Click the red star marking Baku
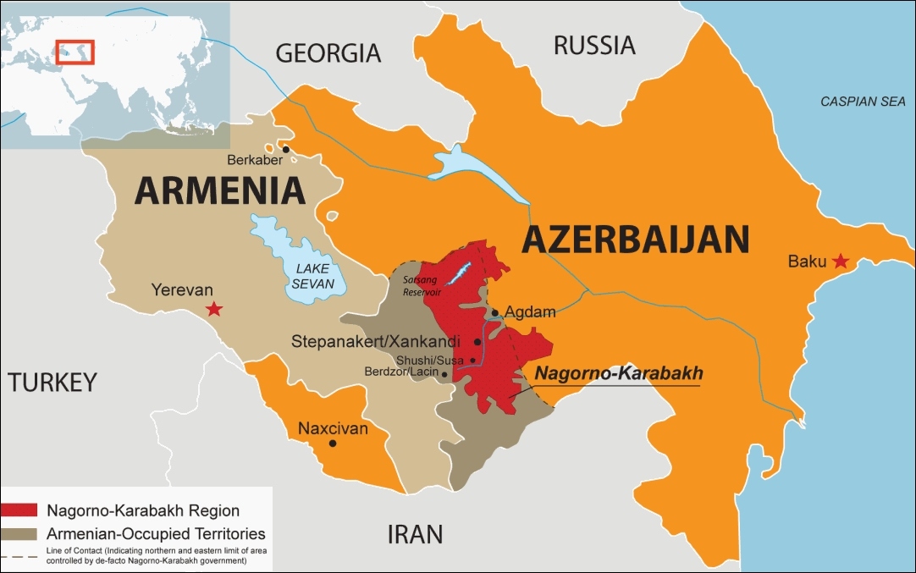pyautogui.click(x=840, y=261)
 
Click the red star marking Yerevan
pyautogui.click(x=215, y=309)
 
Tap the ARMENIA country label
pyautogui.click(x=220, y=190)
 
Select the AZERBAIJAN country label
pyautogui.click(x=636, y=240)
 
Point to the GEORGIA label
pyautogui.click(x=328, y=53)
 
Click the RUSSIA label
pyautogui.click(x=594, y=45)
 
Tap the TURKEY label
pyautogui.click(x=52, y=383)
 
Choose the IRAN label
pyautogui.click(x=415, y=534)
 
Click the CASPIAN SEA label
pyautogui.click(x=863, y=102)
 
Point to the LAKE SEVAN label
pyautogui.click(x=313, y=276)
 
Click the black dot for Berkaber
pyautogui.click(x=286, y=150)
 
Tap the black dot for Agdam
pyautogui.click(x=495, y=312)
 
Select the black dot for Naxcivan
pyautogui.click(x=333, y=444)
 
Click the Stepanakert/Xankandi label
pyautogui.click(x=375, y=342)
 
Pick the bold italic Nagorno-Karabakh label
pyautogui.click(x=619, y=372)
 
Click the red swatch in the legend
pyautogui.click(x=19, y=510)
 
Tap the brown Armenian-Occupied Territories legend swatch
pyautogui.click(x=19, y=534)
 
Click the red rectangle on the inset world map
pyautogui.click(x=75, y=52)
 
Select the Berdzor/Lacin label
pyautogui.click(x=401, y=372)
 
